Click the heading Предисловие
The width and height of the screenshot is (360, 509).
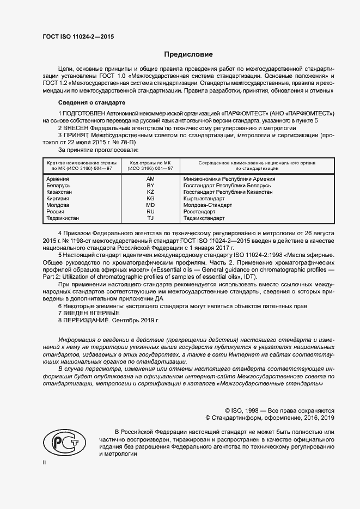pyautogui.click(x=188, y=54)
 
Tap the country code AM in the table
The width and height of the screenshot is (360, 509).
pyautogui.click(x=151, y=179)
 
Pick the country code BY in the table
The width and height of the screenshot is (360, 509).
pyautogui.click(x=151, y=186)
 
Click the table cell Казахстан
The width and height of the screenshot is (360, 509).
pyautogui.click(x=59, y=192)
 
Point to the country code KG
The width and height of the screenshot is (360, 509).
pyautogui.click(x=151, y=199)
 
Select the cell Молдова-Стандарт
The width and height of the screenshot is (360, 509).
pyautogui.click(x=208, y=205)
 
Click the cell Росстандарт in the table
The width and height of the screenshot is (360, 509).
pyautogui.click(x=200, y=212)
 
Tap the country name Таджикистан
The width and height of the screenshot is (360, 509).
pyautogui.click(x=63, y=218)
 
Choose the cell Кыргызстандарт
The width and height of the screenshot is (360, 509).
pyautogui.click(x=204, y=199)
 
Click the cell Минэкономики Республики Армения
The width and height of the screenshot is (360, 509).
pyautogui.click(x=229, y=179)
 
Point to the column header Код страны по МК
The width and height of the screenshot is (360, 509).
pyautogui.click(x=151, y=163)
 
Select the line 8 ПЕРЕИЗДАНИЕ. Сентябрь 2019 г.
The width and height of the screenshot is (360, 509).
pyautogui.click(x=108, y=321)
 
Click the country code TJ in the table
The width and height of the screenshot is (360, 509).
pyautogui.click(x=151, y=218)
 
